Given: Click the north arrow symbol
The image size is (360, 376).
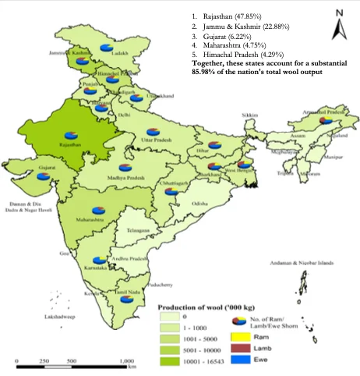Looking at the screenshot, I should pyautogui.click(x=337, y=27).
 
